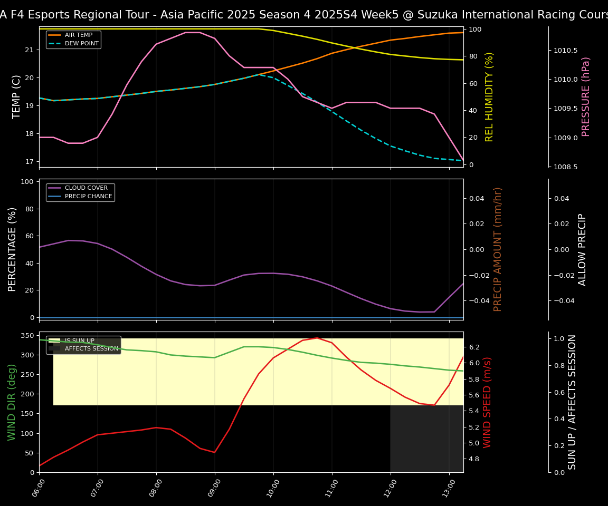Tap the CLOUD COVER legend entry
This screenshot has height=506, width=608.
tap(86, 188)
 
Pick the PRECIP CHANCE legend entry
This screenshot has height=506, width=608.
tap(88, 197)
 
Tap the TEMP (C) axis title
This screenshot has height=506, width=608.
tap(16, 96)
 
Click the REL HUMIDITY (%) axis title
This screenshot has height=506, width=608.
tap(489, 96)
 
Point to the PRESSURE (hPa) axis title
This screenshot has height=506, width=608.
tap(586, 96)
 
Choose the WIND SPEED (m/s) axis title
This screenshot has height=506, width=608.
tap(488, 402)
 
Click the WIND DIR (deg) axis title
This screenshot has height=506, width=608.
tap(12, 402)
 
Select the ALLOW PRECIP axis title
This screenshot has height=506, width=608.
tap(583, 249)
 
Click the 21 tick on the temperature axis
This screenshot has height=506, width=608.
tap(30, 50)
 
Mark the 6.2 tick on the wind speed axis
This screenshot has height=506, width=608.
tap(473, 347)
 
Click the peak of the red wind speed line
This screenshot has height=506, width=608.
tap(317, 338)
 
